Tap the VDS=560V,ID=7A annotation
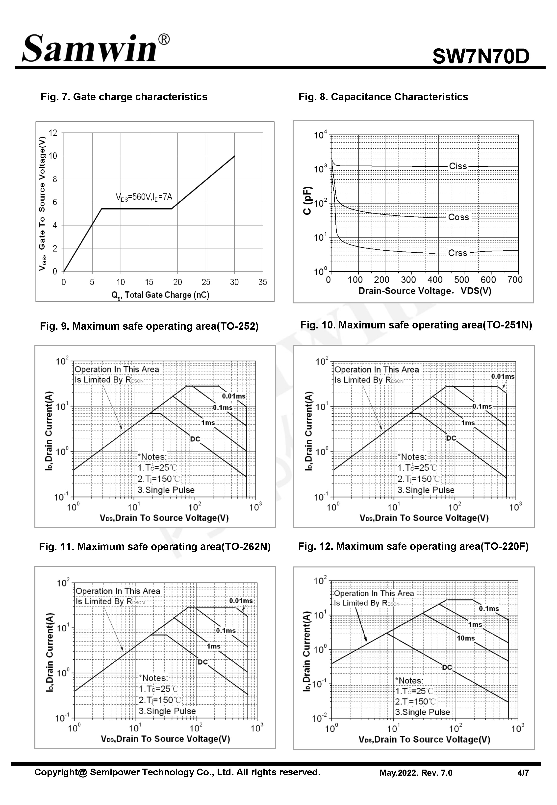144,197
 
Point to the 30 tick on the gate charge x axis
234,282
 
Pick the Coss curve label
458,217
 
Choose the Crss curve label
457,253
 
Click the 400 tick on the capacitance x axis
435,280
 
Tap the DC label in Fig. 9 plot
195,439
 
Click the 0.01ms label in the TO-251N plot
503,376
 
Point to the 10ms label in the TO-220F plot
466,638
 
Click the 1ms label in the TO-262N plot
213,646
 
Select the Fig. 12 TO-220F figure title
413,546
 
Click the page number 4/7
523,773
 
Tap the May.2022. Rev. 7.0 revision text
416,773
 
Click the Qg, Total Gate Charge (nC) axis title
160,295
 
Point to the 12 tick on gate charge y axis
53,133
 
